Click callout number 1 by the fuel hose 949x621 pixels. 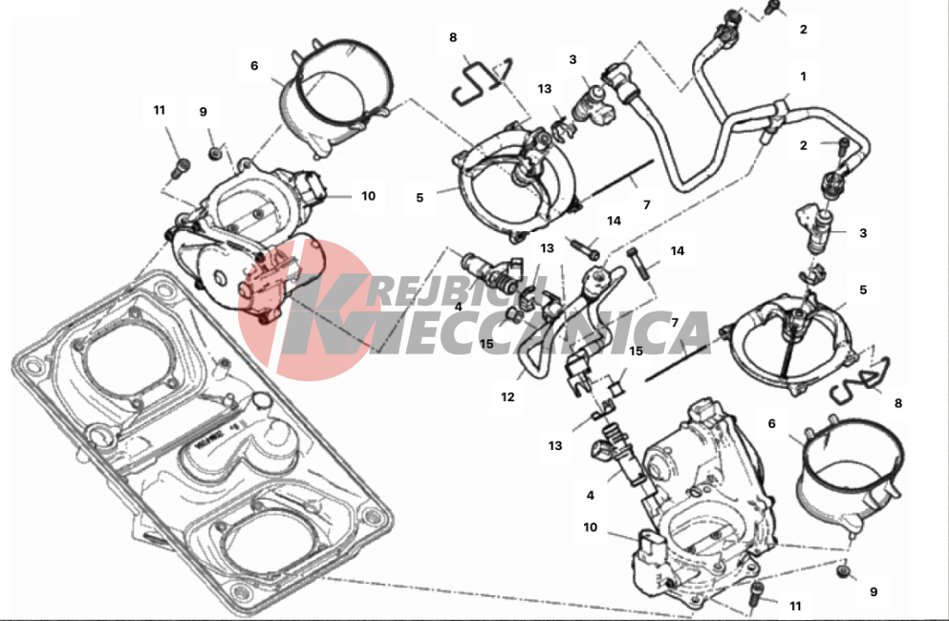tap(803, 76)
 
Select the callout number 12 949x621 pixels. tap(507, 397)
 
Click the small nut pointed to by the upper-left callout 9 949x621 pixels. tap(214, 155)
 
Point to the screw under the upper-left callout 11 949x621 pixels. tap(179, 167)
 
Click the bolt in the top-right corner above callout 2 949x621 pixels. tap(771, 8)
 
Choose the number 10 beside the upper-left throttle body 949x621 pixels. tap(369, 196)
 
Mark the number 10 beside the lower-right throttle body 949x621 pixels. tap(590, 527)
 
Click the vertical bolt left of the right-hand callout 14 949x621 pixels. tap(640, 264)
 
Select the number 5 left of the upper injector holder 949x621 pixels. tap(420, 198)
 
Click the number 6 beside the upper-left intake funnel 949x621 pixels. tap(254, 65)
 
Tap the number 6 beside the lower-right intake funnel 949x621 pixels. tap(771, 423)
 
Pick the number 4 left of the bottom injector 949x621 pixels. tap(590, 495)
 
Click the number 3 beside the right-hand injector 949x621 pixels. tap(863, 233)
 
